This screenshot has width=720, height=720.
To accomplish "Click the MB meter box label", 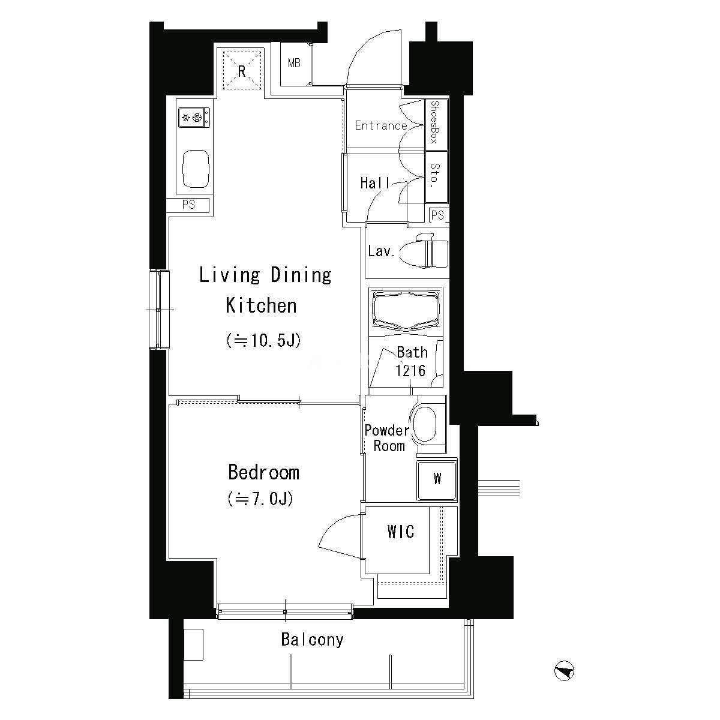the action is pos(294,64).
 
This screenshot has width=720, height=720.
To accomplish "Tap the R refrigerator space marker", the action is pos(242,71).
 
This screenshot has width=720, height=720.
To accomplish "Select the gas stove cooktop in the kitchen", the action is pos(194,118).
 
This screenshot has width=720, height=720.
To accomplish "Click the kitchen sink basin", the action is pos(196,169).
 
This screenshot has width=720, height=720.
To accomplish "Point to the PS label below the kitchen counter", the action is pos(188,205).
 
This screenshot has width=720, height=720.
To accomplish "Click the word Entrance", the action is pos(381,125).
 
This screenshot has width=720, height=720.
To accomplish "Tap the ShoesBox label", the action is pos(434,122).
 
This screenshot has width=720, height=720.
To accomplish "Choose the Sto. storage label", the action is pos(434,175).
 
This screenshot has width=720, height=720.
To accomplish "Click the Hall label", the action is pos(375,183).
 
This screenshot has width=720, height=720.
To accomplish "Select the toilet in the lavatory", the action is pos(424,250).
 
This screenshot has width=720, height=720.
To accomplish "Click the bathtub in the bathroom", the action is pos(406,311).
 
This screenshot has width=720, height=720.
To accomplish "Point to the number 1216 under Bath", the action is pos(410,371).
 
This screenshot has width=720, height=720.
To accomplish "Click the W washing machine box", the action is pos(437,481).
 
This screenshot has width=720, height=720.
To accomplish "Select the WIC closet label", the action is pos(401,532).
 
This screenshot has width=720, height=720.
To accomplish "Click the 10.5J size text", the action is pos(263,340).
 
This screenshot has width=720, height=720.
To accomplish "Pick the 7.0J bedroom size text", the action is pos(260,499).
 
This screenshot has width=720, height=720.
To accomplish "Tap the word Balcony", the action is pos(313,640).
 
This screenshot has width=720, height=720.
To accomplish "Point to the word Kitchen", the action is pos(261,305).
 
